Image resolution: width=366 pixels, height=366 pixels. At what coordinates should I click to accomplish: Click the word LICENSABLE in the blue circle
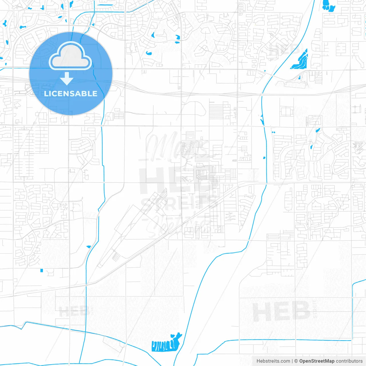tap(71, 94)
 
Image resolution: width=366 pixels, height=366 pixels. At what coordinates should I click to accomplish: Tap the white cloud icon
tap(70, 56)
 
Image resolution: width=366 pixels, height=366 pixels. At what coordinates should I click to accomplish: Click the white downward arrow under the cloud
tap(67, 79)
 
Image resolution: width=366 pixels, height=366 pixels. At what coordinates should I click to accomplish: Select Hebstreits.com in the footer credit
tap(273, 361)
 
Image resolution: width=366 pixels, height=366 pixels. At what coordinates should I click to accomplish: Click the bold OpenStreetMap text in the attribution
tap(317, 361)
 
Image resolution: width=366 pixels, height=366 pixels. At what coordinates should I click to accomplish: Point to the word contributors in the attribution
tap(349, 361)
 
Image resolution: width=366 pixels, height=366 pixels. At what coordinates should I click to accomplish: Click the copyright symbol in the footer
tap(296, 361)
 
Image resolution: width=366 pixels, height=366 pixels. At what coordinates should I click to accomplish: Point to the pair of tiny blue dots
tap(273, 132)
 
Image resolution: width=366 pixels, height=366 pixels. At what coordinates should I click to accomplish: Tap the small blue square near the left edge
tap(42, 270)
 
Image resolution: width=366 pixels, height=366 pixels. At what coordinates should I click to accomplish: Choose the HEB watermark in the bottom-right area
tap(281, 311)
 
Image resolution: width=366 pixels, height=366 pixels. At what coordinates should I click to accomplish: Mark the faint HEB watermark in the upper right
tap(285, 49)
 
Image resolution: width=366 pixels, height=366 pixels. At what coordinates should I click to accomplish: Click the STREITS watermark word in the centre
tap(179, 204)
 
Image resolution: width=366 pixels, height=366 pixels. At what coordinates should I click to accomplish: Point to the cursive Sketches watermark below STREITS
tap(179, 224)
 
